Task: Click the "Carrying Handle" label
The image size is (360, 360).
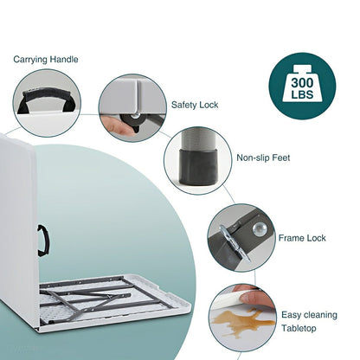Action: (46, 60)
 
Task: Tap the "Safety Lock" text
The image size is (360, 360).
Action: (195, 105)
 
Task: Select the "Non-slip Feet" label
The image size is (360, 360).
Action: (263, 157)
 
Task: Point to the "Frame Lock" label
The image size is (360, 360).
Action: (302, 238)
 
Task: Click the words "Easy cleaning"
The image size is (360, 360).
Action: (309, 315)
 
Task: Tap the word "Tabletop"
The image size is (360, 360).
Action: (299, 328)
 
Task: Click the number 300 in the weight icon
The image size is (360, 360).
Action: (302, 83)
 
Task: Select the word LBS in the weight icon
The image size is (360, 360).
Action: (302, 94)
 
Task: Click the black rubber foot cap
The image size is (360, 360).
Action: (198, 167)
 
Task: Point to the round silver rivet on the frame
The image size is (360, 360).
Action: (260, 229)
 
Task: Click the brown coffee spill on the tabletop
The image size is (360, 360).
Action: (240, 321)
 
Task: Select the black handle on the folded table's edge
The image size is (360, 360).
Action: (43, 241)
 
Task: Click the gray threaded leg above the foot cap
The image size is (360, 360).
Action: (198, 138)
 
